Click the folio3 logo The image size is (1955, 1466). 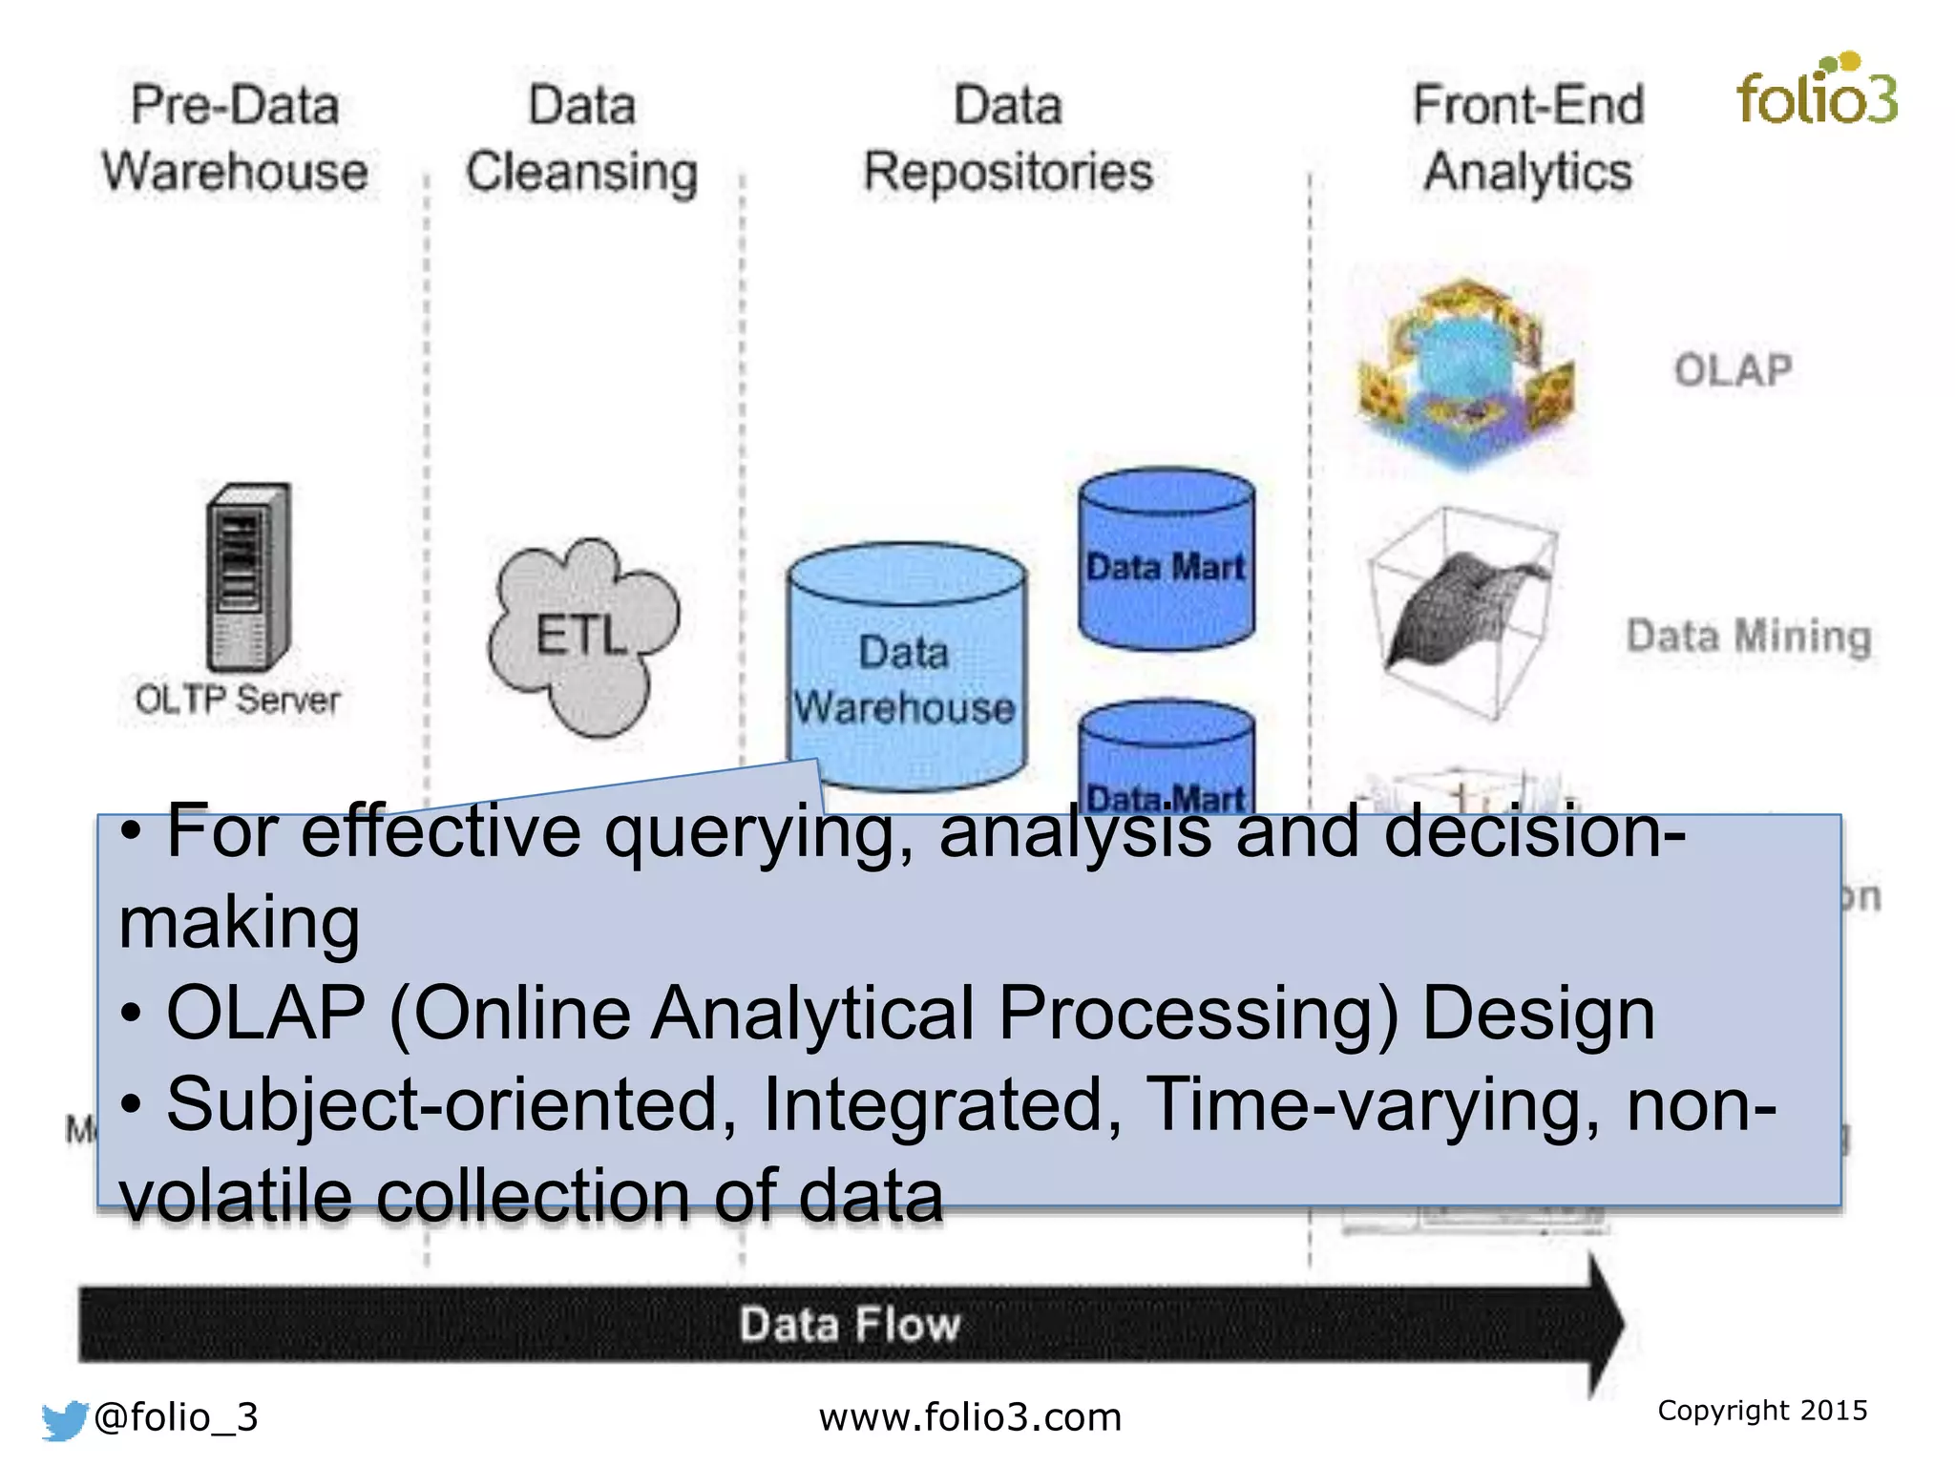click(1817, 92)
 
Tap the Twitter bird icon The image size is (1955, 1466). click(65, 1419)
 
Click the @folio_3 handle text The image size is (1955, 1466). click(177, 1417)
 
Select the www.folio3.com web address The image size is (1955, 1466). click(970, 1417)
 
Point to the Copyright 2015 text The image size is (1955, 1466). click(1762, 1410)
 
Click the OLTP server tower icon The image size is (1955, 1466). click(248, 577)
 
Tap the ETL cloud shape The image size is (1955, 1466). click(582, 635)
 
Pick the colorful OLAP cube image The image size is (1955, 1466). click(1465, 372)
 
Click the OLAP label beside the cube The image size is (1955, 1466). click(1733, 370)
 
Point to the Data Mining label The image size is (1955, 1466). click(1748, 637)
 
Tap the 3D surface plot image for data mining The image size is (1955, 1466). click(1461, 611)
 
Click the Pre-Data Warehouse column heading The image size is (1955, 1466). click(235, 138)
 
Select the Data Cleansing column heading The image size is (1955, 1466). click(581, 138)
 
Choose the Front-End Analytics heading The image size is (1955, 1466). click(1527, 138)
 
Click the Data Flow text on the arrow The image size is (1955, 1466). click(850, 1325)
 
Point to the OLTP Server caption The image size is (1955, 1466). click(237, 700)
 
